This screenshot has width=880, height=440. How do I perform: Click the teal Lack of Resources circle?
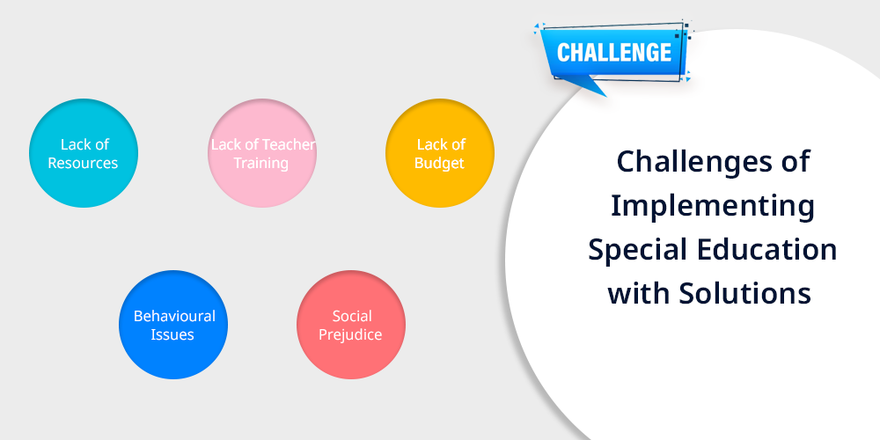click(x=83, y=153)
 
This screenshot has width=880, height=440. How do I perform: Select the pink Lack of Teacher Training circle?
click(x=262, y=153)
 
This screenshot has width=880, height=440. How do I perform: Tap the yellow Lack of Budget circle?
click(x=440, y=153)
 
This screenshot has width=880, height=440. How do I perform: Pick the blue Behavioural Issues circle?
click(x=173, y=325)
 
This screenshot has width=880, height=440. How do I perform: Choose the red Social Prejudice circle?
click(x=351, y=325)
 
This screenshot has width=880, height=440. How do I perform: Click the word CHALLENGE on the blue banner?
click(x=614, y=53)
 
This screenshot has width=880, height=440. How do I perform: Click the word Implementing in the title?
click(x=712, y=206)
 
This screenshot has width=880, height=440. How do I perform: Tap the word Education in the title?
click(x=766, y=249)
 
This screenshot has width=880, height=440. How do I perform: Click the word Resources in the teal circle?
click(x=83, y=163)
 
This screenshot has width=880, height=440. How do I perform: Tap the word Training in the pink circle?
click(x=261, y=164)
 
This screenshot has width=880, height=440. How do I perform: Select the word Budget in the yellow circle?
click(x=439, y=164)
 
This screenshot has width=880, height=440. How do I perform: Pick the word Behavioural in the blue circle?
click(x=174, y=316)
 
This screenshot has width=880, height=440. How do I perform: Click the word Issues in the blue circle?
click(x=172, y=334)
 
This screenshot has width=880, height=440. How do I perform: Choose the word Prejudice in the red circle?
click(x=350, y=335)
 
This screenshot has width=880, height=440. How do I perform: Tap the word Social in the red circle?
click(x=352, y=316)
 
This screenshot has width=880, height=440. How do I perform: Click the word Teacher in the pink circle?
click(x=289, y=144)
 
